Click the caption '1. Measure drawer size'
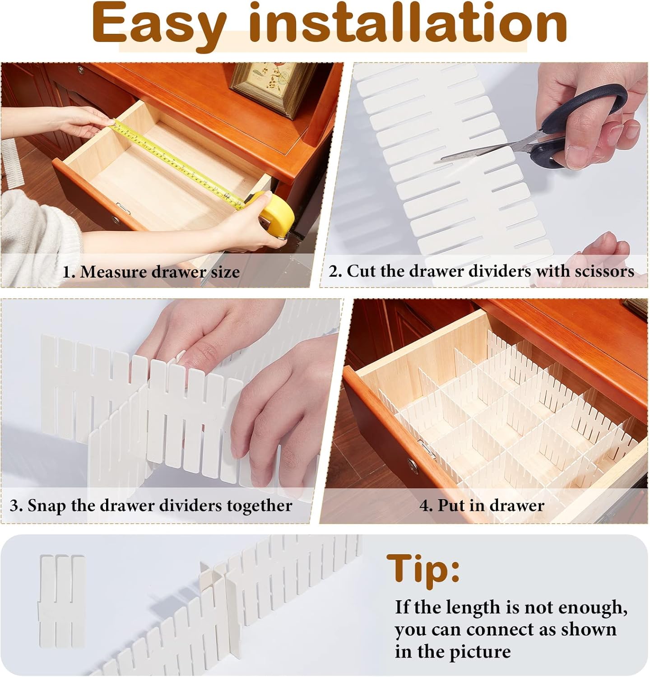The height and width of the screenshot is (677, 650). [151, 272]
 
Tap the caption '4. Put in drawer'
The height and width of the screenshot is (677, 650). [482, 505]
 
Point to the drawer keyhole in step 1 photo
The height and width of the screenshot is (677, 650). [117, 220]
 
